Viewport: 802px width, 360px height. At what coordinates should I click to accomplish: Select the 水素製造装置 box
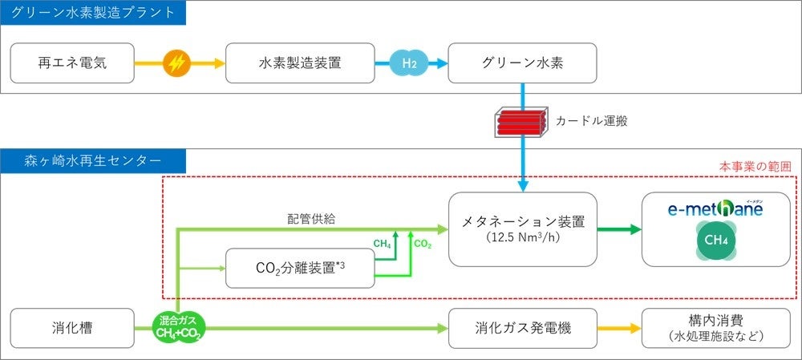300,63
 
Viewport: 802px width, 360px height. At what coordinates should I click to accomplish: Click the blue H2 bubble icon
409,63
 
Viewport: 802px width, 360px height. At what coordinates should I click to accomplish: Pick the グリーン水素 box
522,63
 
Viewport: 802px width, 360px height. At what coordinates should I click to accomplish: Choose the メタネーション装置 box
522,229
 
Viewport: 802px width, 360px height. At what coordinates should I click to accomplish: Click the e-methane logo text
715,208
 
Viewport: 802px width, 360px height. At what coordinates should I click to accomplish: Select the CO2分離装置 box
300,268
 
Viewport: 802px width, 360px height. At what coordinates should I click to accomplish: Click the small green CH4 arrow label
383,242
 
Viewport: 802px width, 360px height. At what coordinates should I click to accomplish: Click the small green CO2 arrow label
423,242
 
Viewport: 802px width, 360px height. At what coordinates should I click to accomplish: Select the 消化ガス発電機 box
522,328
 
